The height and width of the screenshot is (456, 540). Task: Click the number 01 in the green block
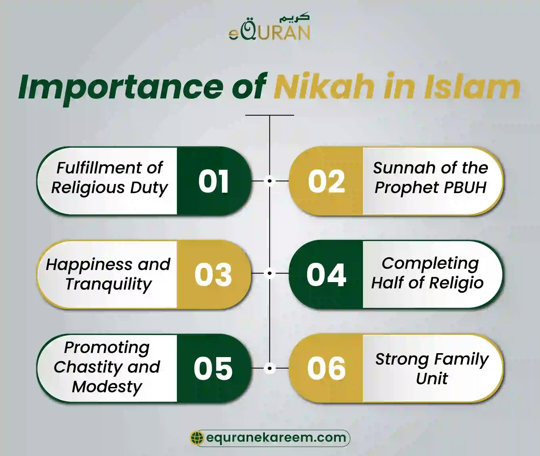click(x=214, y=181)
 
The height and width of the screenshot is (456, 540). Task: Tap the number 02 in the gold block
click(x=326, y=181)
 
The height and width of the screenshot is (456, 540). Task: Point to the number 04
click(x=326, y=275)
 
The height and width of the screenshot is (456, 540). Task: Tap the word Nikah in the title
click(x=324, y=86)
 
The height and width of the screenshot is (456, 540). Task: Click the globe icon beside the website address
click(x=197, y=438)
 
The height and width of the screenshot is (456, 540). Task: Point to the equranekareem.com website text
click(x=276, y=437)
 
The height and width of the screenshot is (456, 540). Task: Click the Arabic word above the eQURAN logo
click(x=294, y=18)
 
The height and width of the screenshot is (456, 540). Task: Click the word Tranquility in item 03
click(x=108, y=284)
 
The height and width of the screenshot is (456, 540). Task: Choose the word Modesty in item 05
click(x=107, y=387)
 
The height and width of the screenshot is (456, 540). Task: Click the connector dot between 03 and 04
click(x=270, y=273)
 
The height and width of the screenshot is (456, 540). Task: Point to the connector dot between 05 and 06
click(x=270, y=368)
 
